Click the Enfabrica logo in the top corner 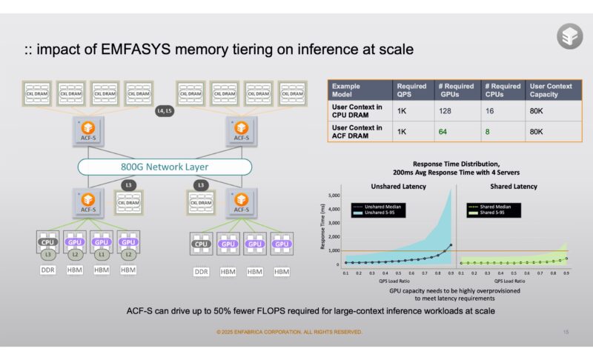click(569, 36)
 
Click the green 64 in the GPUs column click(443, 131)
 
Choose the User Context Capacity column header click(551, 90)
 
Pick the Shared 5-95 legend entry click(496, 212)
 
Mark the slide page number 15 click(566, 332)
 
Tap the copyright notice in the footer click(289, 332)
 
